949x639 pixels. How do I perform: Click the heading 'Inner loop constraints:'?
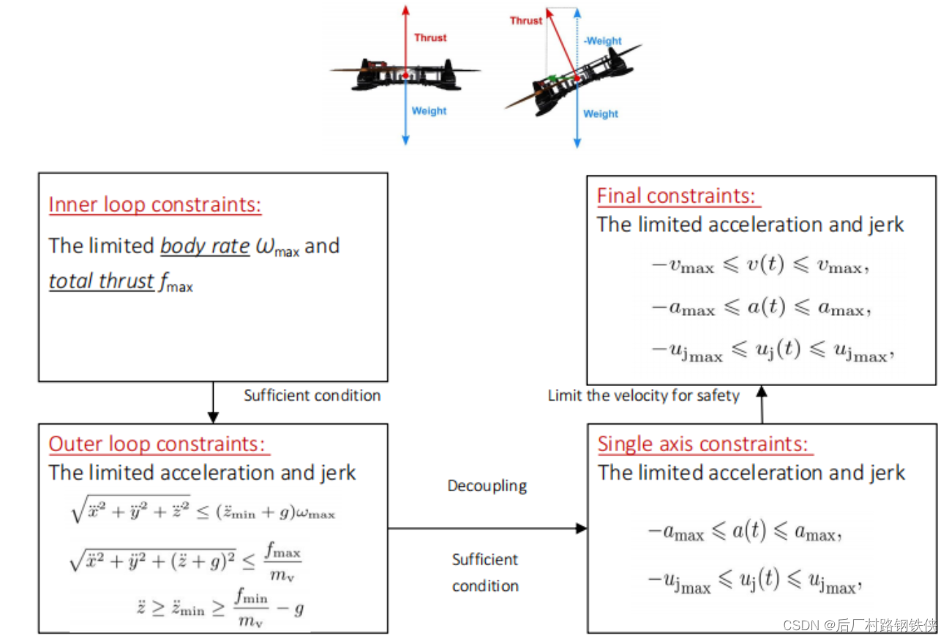[x=154, y=205]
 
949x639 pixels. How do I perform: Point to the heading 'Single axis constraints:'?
[x=705, y=444]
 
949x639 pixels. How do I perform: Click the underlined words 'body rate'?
[x=205, y=246]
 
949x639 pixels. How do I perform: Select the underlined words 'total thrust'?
[x=101, y=281]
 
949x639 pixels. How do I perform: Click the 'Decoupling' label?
[x=487, y=485]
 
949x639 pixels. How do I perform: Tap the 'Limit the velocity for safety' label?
[x=644, y=396]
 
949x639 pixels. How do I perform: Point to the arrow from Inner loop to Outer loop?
[x=213, y=402]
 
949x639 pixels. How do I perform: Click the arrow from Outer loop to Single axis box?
[x=487, y=528]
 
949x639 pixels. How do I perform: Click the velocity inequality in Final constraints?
[x=760, y=266]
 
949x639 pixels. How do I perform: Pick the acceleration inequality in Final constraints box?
[x=760, y=309]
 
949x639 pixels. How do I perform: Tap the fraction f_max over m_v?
[x=282, y=561]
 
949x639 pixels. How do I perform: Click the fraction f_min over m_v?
[x=251, y=608]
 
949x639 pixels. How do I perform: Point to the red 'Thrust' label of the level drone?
[x=430, y=37]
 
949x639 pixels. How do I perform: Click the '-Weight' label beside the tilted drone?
[x=603, y=41]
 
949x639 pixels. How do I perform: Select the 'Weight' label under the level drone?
[x=429, y=111]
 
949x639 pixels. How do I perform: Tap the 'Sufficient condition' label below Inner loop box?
[x=312, y=396]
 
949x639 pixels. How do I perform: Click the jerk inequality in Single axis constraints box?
[x=751, y=582]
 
